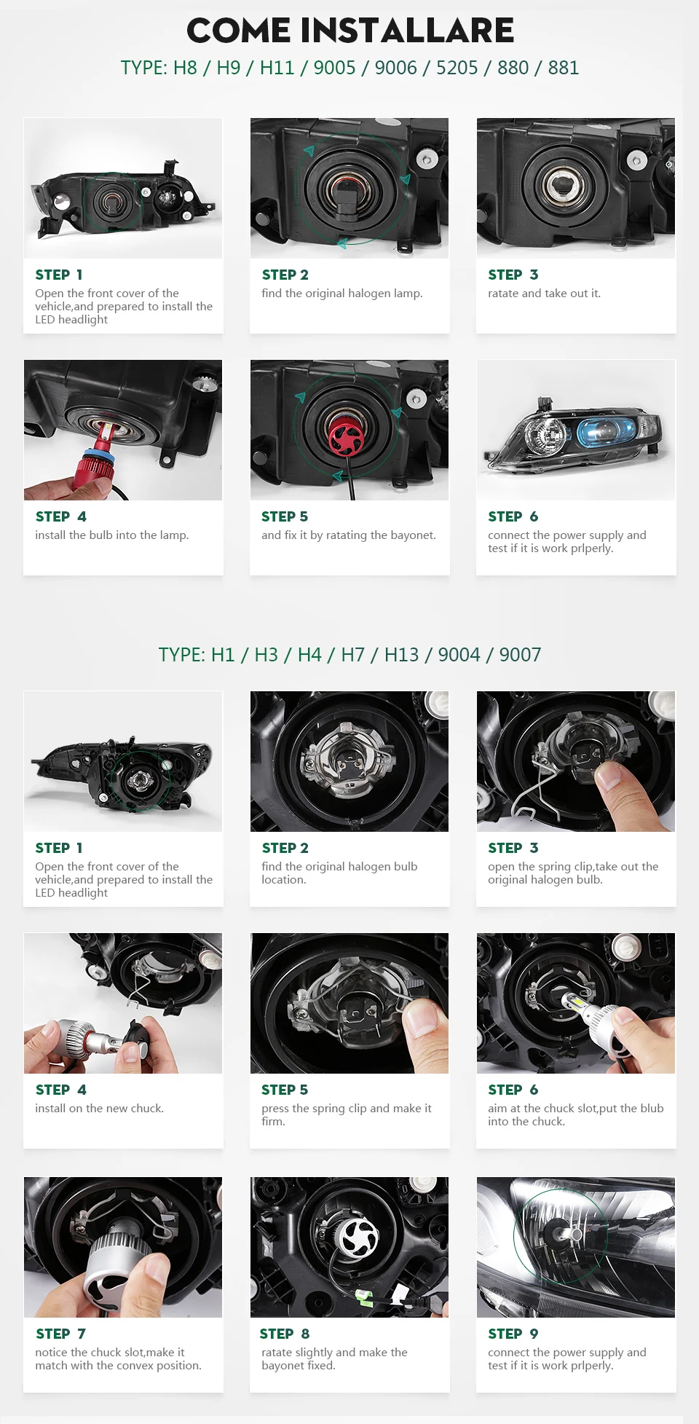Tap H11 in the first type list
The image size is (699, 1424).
coord(277,68)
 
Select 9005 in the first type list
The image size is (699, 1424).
coord(334,68)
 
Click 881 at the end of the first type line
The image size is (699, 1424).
coord(563,68)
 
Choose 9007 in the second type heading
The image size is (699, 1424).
coord(520,655)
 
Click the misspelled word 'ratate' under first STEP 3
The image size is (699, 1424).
coord(503,294)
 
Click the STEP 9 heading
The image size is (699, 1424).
coord(513,1334)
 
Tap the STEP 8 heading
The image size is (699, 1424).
coord(285,1334)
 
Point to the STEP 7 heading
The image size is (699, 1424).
coord(60,1334)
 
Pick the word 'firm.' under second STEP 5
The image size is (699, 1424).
coord(274,1122)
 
